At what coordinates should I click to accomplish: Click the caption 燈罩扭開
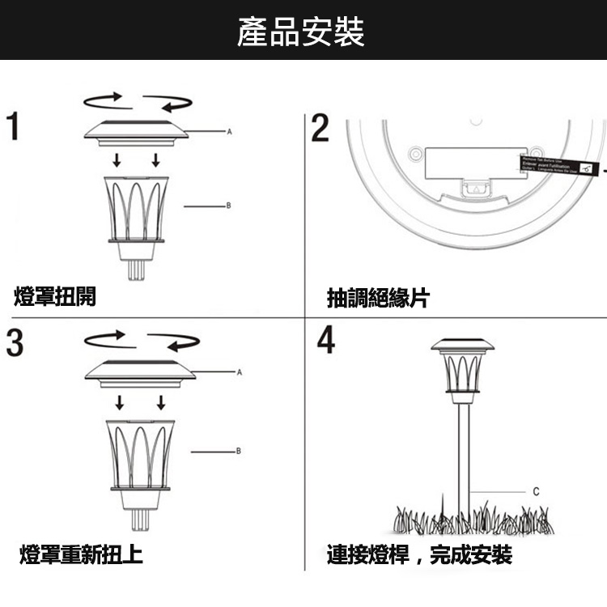[56, 297]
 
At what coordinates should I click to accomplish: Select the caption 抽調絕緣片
[378, 298]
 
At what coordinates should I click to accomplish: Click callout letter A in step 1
[230, 130]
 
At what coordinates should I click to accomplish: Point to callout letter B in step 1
[228, 206]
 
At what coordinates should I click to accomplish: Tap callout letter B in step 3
[238, 449]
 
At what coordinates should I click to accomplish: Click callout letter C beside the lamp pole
[536, 491]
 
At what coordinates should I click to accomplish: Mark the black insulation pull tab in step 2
[559, 166]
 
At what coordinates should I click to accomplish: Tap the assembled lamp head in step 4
[462, 368]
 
